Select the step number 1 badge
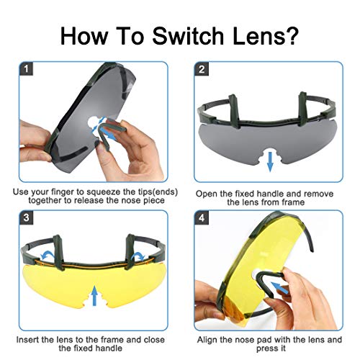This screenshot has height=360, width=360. (x=26, y=69)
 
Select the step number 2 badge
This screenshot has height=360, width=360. (x=202, y=69)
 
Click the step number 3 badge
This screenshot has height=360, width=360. (x=26, y=217)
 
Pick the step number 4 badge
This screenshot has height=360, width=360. (x=202, y=217)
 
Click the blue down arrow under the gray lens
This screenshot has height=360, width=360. (x=270, y=161)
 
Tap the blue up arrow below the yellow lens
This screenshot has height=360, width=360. (x=95, y=295)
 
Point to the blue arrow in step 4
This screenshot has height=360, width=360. (x=279, y=287)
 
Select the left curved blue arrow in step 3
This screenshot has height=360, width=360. (x=47, y=255)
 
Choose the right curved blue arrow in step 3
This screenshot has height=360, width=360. (x=138, y=256)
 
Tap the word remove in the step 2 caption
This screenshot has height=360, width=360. (x=318, y=194)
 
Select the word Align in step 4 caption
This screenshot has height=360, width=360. (x=207, y=341)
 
